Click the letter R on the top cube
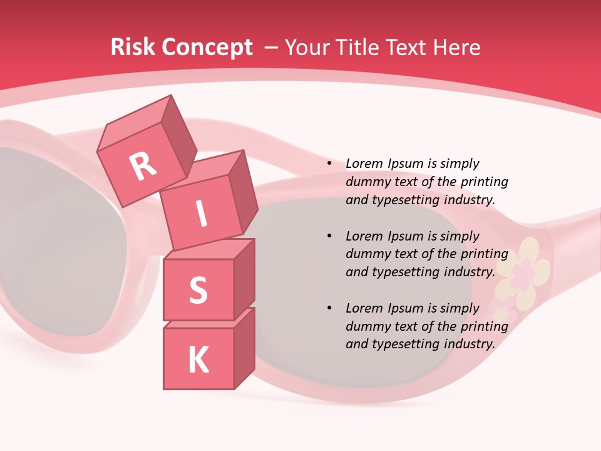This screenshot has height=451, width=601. coord(143,167)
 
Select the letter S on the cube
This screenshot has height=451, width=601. coord(198,290)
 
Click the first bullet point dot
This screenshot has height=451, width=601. coord(329,163)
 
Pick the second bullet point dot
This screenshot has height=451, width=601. coord(329,236)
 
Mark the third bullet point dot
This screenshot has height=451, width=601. coord(329,308)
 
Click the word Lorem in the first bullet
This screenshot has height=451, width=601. coord(364,163)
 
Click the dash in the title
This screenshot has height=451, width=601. coord(272,48)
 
